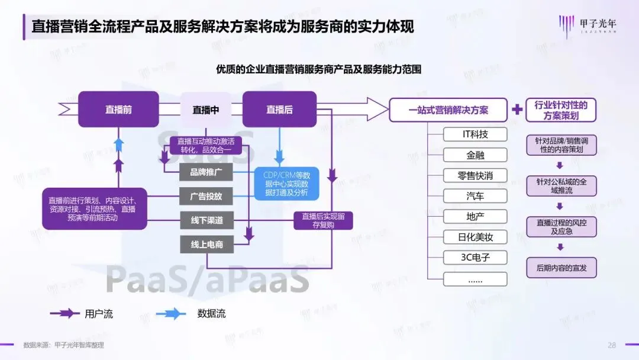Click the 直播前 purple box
coord(118,110)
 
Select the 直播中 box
coord(205,110)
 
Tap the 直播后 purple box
coord(279,110)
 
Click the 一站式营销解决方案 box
coord(448,110)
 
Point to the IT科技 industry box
coord(475,134)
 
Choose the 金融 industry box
coord(475,155)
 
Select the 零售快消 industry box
coord(475,176)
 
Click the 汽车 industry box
coord(475,196)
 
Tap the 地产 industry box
coord(475,217)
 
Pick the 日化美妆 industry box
coord(475,237)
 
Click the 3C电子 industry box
coord(475,258)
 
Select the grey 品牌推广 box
coord(206,173)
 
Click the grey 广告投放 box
coord(206,197)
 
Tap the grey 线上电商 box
coord(206,244)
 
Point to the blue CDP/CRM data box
coord(287,183)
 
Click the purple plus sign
coord(517,110)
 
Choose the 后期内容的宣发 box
coord(561,268)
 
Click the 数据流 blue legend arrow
coord(172,314)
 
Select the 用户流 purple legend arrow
coord(65,314)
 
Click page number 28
coord(612,345)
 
